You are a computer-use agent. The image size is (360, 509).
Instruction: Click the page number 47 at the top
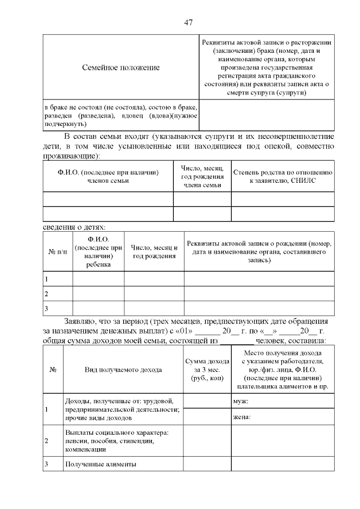tap(188, 22)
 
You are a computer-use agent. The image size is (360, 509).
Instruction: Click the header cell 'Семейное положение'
tap(121, 67)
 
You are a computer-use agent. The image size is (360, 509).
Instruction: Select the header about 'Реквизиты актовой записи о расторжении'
tap(267, 67)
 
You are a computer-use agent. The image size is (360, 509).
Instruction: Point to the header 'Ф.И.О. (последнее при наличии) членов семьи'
tap(108, 177)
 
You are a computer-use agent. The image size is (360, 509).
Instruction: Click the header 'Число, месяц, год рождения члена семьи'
tap(202, 177)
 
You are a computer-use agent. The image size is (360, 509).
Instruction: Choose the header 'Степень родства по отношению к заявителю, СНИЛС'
tap(283, 177)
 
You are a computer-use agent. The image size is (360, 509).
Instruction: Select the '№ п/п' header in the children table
tap(57, 252)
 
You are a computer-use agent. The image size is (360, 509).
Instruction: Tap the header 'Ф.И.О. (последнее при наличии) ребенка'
tap(98, 252)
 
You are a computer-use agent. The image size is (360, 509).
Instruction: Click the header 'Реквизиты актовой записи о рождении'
tap(259, 252)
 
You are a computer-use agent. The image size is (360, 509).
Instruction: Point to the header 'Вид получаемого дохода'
tap(124, 370)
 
